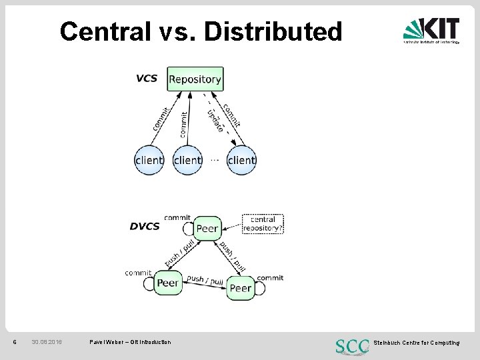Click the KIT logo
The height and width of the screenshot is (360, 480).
pyautogui.click(x=431, y=31)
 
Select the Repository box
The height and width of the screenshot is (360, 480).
pyautogui.click(x=195, y=79)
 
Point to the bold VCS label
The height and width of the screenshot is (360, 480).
pyautogui.click(x=146, y=78)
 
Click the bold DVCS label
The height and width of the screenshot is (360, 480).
pyautogui.click(x=145, y=226)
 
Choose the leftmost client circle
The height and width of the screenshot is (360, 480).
pyautogui.click(x=149, y=160)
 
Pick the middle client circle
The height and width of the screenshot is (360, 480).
pyautogui.click(x=187, y=160)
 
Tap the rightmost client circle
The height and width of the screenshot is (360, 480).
pyautogui.click(x=241, y=160)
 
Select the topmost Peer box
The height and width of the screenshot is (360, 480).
pyautogui.click(x=207, y=228)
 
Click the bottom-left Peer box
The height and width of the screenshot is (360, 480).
pyautogui.click(x=167, y=283)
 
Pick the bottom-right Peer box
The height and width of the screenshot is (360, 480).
pyautogui.click(x=240, y=288)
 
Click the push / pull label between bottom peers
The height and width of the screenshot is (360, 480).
pyautogui.click(x=205, y=280)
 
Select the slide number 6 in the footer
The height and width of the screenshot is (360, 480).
pyautogui.click(x=15, y=342)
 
